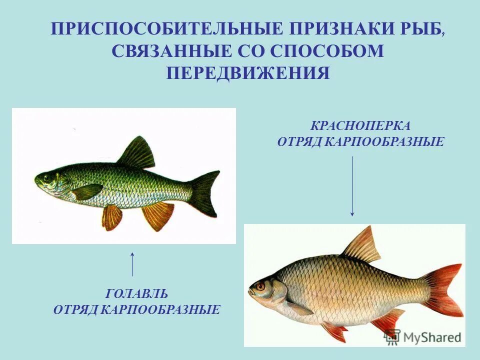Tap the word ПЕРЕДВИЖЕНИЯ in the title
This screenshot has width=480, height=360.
(248, 73)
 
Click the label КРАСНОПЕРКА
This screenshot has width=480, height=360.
(360, 125)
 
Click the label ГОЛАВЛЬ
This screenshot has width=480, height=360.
(136, 293)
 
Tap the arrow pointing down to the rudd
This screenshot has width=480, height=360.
(352, 185)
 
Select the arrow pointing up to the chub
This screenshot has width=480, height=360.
(132, 263)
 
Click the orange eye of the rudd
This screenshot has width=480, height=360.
(260, 286)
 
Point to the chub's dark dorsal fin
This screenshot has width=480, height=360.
(137, 153)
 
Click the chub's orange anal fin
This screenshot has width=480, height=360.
(158, 215)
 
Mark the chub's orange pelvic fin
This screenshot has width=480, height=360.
(112, 216)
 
